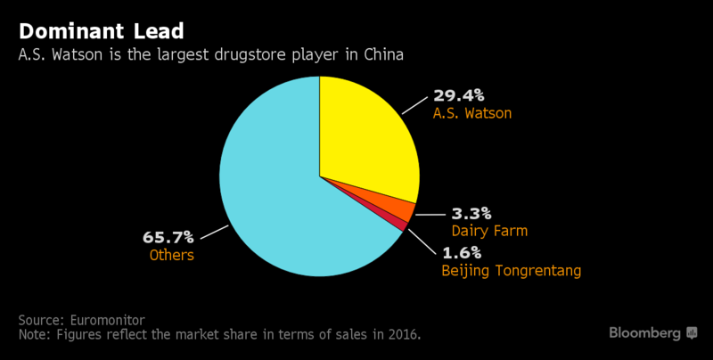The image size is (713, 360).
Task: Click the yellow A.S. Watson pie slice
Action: pos(365,134)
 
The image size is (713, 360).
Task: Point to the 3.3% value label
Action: pos(471,213)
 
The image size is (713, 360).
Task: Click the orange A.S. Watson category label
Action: pos(472,114)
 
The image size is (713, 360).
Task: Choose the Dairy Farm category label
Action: pos(489,231)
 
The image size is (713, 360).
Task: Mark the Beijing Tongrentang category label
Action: pos(512,270)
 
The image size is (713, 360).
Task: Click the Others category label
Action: pos(172,256)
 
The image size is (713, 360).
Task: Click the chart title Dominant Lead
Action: pos(101,31)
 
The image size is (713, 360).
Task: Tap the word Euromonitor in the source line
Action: pos(107,319)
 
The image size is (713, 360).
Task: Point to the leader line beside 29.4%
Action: pos(414,104)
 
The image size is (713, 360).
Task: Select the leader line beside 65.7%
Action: pos(214,233)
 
